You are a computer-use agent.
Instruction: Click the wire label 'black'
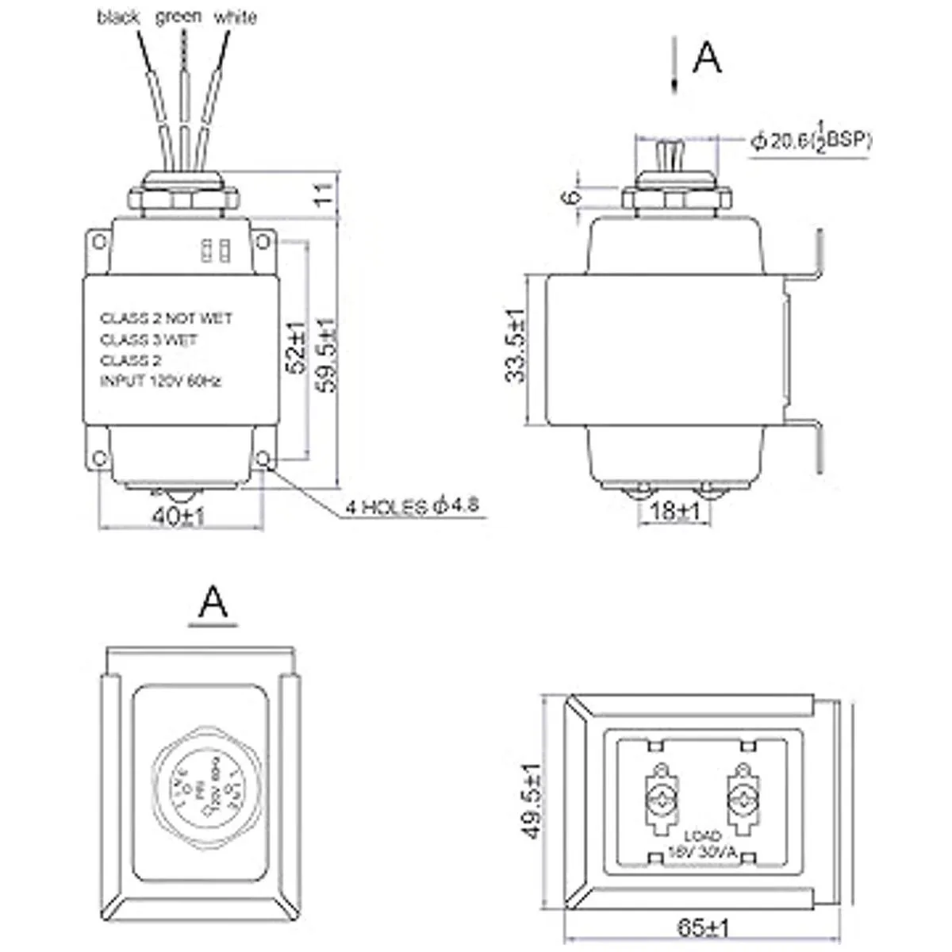pos(118,17)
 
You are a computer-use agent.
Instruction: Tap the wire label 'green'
pos(178,16)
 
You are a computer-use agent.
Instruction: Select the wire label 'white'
pos(236,17)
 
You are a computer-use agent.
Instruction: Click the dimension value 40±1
pos(178,517)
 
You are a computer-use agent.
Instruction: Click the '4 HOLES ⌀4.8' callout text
pos(413,506)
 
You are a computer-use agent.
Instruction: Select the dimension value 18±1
pos(675,512)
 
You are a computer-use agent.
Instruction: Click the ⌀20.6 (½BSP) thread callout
pos(810,140)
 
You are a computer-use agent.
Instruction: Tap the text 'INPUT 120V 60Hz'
pos(160,382)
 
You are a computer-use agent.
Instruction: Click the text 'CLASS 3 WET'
pos(148,340)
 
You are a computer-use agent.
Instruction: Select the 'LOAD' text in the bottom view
pos(702,836)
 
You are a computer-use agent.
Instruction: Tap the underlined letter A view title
pos(213,602)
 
